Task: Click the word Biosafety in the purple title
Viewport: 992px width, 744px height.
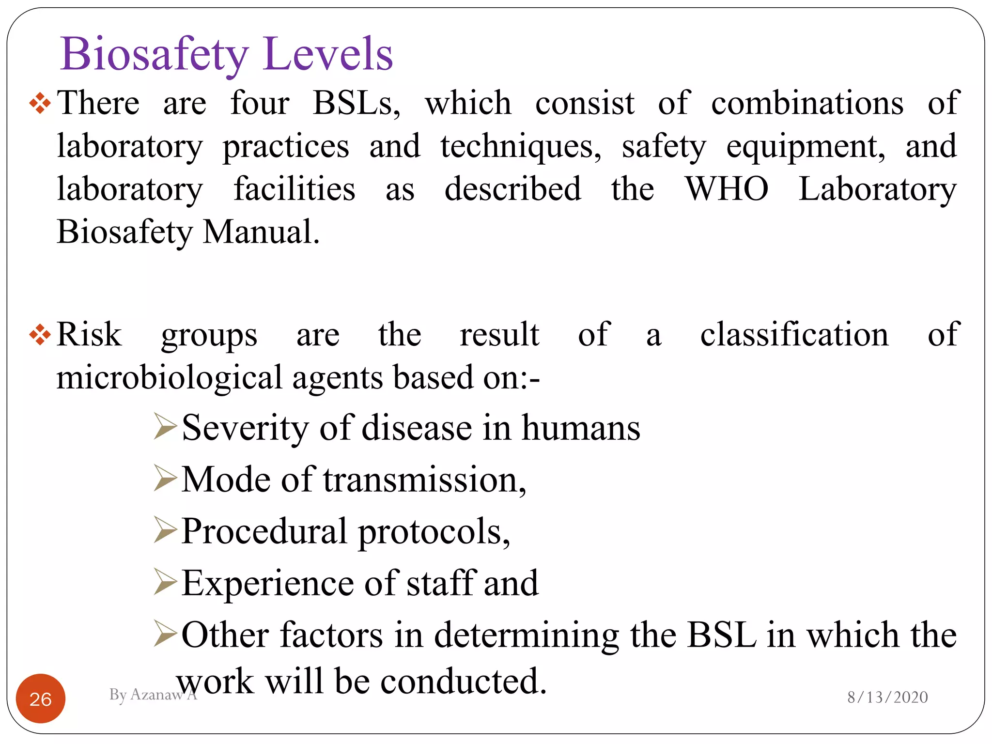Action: (x=154, y=54)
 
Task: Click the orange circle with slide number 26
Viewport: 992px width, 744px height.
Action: (x=41, y=698)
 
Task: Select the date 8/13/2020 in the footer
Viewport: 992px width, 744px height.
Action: (x=887, y=697)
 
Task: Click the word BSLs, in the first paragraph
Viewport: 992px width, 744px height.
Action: (x=357, y=103)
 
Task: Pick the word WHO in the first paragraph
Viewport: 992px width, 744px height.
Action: (x=727, y=188)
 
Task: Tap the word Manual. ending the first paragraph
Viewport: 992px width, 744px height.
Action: (x=262, y=232)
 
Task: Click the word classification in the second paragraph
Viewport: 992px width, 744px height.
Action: (x=794, y=335)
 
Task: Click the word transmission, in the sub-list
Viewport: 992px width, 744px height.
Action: (x=425, y=480)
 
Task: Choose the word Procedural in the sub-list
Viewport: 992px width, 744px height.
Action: (x=264, y=531)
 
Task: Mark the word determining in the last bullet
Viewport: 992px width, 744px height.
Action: (x=527, y=635)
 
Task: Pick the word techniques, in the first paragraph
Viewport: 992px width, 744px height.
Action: (x=521, y=146)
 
